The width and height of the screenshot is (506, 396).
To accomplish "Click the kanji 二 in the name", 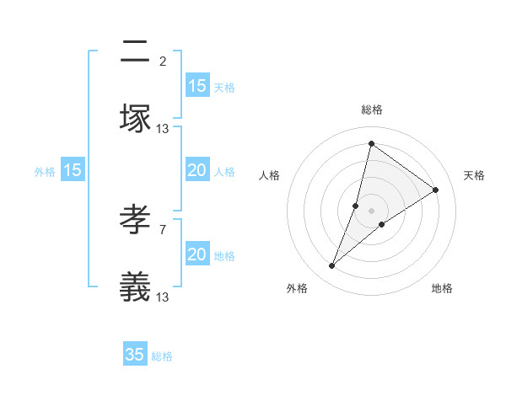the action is coord(135,53).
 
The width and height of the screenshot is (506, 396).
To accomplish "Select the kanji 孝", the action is coord(135,222).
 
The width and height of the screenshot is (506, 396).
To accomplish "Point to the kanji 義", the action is coord(135,287).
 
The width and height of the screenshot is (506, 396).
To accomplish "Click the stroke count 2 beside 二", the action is coord(162,61).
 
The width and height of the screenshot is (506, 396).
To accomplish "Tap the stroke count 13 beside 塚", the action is coord(163,128).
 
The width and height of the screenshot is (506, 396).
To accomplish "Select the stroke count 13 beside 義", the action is coord(163,297).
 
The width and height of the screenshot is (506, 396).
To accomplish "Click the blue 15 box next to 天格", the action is coord(196,86).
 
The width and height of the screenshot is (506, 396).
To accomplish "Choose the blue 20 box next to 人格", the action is coord(196,171).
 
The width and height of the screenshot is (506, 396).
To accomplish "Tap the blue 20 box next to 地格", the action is coord(196,254).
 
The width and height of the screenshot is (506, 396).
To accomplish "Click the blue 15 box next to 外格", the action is coord(73,171).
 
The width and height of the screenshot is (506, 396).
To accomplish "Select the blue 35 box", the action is coord(135,355).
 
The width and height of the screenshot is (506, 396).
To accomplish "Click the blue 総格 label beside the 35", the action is coord(162,356).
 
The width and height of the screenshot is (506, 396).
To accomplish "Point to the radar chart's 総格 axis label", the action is coord(371,110).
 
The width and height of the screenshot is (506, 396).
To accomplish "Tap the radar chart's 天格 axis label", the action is coord(474,175).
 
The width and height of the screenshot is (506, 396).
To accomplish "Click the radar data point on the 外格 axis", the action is coord(332,266).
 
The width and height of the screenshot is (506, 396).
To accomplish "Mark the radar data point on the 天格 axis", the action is coord(435,190).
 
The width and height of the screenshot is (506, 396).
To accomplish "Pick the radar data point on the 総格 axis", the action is coord(371,143).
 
